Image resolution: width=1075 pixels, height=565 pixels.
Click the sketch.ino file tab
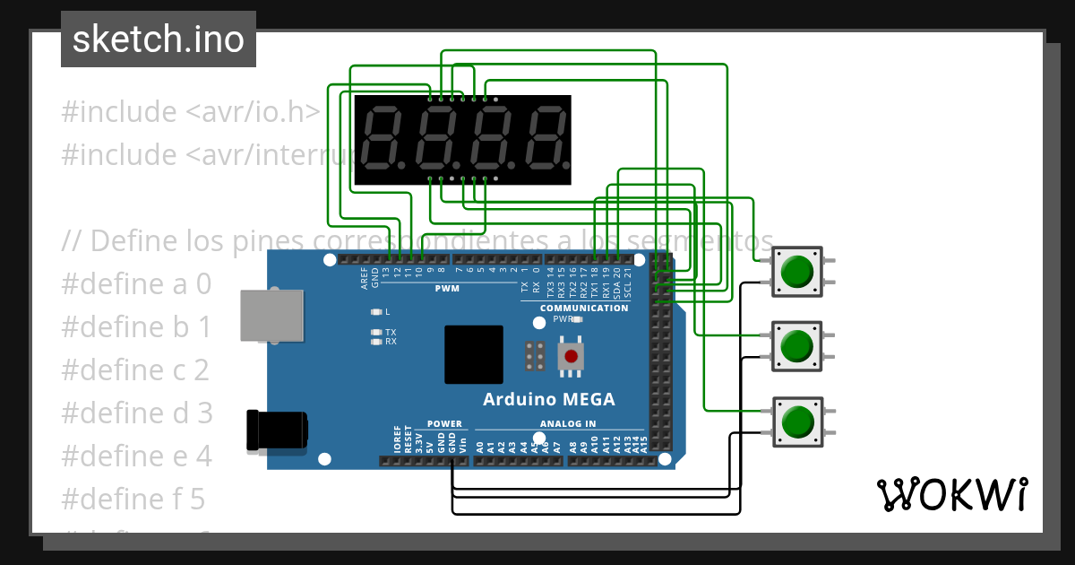coord(159,39)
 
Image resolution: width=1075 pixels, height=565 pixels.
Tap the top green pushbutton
coord(796,271)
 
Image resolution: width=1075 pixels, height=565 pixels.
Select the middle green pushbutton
coord(796,345)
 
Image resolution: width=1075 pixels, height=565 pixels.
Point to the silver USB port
coord(271,315)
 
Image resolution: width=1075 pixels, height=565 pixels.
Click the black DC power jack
coord(278,430)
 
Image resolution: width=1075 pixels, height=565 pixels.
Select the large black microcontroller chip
coord(474,355)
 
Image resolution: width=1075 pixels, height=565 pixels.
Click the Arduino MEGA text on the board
coord(548,399)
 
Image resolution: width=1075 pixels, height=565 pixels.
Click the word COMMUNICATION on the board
coord(583,309)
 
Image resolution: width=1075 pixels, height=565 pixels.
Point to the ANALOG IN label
coord(567,424)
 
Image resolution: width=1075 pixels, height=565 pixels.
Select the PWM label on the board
coord(447,289)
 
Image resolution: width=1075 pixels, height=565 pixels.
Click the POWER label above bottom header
coord(444,424)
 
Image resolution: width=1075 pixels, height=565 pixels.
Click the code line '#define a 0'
coord(136,284)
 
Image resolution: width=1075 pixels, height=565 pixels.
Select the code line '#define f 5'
coord(133,499)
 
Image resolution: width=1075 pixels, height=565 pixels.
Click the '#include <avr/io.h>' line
coord(190,112)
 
